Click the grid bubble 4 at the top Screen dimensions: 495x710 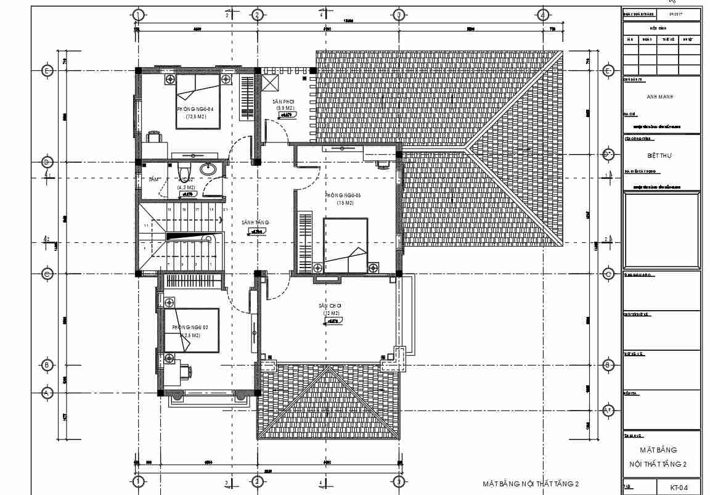pyautogui.click(x=542, y=15)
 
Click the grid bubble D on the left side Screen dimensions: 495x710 pyautogui.click(x=47, y=162)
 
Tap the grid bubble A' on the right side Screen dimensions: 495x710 pyautogui.click(x=608, y=411)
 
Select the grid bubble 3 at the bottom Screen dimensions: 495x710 pyautogui.click(x=398, y=481)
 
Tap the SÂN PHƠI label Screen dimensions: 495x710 pyautogui.click(x=284, y=101)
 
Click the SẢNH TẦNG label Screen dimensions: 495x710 pyautogui.click(x=255, y=223)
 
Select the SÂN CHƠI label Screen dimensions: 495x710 pyautogui.click(x=330, y=306)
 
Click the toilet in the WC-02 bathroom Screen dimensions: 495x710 pyautogui.click(x=181, y=168)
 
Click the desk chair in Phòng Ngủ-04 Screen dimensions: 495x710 pyautogui.click(x=153, y=134)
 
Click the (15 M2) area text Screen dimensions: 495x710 pyautogui.click(x=345, y=203)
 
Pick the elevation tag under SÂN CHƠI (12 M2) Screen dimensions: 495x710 pyautogui.click(x=333, y=321)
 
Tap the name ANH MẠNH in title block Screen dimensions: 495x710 pyautogui.click(x=660, y=97)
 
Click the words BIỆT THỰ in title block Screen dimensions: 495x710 pyautogui.click(x=660, y=155)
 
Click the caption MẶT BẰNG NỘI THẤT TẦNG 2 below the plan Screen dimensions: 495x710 pyautogui.click(x=531, y=484)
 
